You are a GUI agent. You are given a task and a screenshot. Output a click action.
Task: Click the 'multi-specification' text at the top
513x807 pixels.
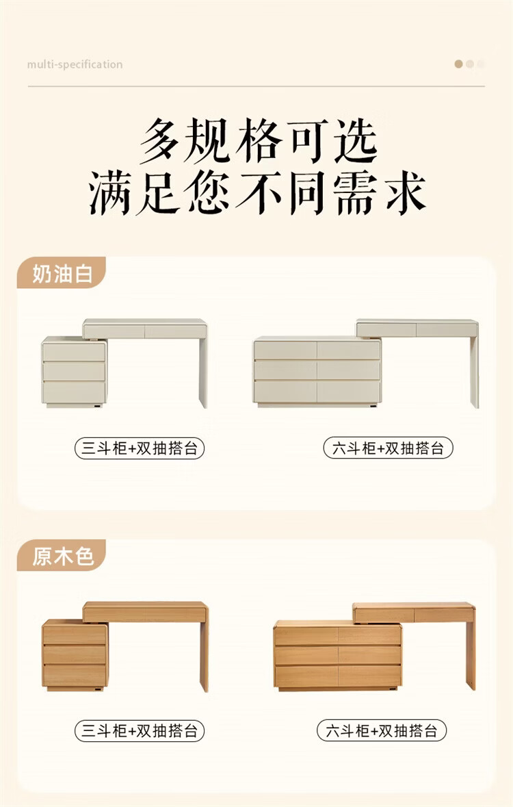[x=75, y=64]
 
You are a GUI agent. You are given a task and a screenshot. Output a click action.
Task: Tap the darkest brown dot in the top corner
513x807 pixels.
[x=458, y=64]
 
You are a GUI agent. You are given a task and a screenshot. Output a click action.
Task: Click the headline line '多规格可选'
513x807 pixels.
[x=259, y=140]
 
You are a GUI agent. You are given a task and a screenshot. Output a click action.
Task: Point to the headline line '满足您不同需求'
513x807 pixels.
[x=257, y=192]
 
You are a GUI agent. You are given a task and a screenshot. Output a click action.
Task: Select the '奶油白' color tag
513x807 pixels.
[x=62, y=273]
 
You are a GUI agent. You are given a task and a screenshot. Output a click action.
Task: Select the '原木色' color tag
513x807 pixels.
[x=62, y=556]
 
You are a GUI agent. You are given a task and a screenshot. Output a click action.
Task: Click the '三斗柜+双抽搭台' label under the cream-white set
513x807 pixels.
[x=140, y=448]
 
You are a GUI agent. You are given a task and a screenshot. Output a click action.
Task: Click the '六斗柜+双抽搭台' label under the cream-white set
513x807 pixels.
[x=388, y=448]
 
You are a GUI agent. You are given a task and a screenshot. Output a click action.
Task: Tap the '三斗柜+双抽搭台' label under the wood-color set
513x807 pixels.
[x=140, y=731]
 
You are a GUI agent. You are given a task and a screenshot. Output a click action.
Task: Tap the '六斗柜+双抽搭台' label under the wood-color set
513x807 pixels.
[x=381, y=731]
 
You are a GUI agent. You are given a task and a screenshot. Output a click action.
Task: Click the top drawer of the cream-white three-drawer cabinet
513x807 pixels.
[x=74, y=352]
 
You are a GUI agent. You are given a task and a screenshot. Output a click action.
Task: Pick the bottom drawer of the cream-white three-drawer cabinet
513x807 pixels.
[x=74, y=392]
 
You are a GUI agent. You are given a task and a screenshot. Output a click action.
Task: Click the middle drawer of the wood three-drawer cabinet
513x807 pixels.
[x=75, y=654]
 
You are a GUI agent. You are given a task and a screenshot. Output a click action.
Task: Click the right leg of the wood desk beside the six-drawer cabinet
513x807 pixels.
[x=471, y=648]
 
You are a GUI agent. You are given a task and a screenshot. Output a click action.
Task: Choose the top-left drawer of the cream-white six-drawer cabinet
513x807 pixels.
[x=285, y=350]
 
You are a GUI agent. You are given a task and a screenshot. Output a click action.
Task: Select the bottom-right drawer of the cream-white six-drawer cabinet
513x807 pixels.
[x=348, y=392]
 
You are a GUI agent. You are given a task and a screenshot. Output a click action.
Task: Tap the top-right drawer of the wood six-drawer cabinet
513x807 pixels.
[x=369, y=636]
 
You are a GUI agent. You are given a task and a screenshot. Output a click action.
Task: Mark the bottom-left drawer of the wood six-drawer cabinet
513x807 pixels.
[x=306, y=676]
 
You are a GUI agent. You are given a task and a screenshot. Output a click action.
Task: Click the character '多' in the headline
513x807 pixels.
[x=160, y=140]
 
